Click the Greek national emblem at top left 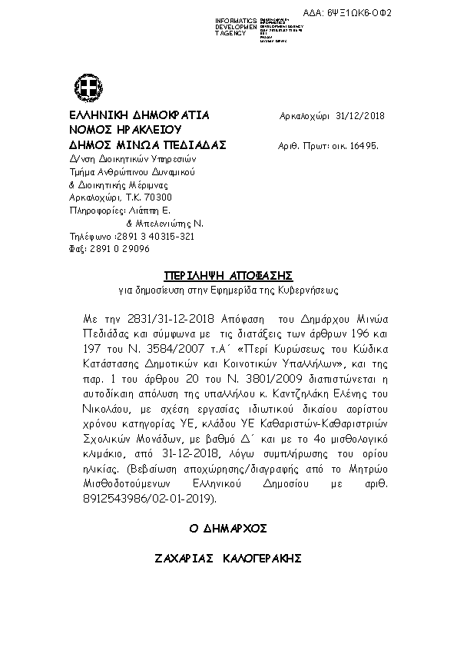pos(84,86)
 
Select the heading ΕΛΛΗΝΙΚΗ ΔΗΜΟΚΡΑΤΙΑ pos(139,115)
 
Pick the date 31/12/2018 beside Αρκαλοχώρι pos(360,116)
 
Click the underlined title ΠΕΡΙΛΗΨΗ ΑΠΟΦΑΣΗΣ pos(229,275)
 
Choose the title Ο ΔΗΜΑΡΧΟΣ pos(228,529)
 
